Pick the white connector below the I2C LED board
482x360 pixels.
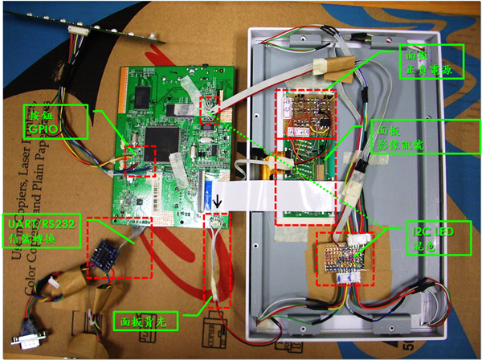[x=350, y=278]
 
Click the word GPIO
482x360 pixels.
[x=43, y=127]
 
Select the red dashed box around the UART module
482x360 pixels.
[x=118, y=246]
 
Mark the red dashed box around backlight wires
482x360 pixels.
[x=218, y=261]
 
